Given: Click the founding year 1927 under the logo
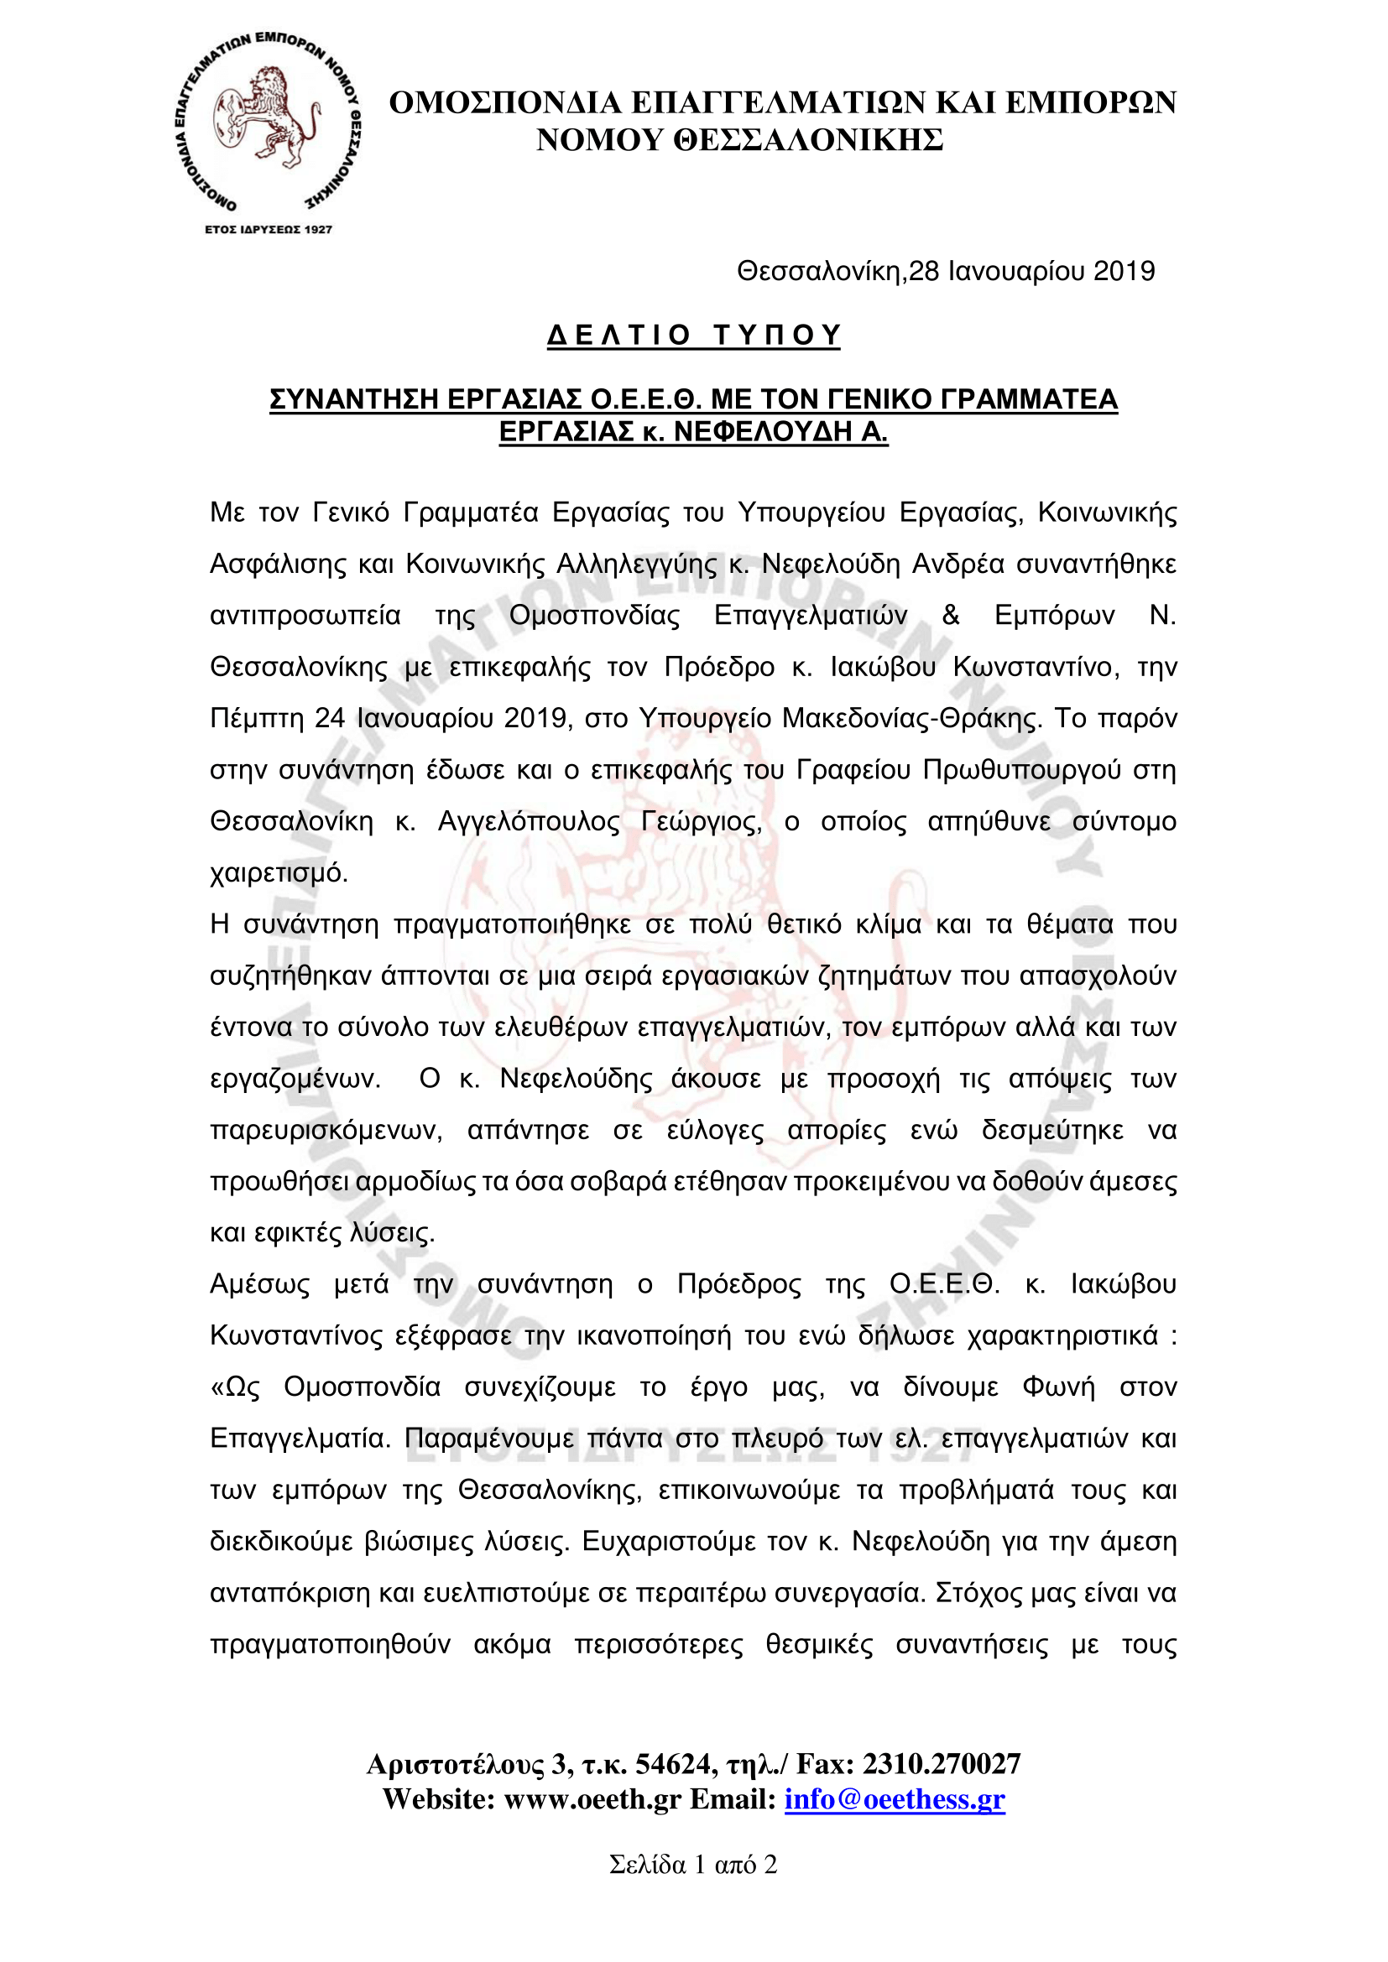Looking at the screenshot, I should point(318,229).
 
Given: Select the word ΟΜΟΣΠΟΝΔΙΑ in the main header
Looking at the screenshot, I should point(504,102).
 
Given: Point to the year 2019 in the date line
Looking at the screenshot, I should point(1124,271).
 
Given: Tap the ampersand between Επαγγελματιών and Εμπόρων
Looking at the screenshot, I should point(951,615).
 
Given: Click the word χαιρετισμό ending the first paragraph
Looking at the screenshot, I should point(279,873).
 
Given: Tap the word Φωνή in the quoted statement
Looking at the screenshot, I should point(1058,1387).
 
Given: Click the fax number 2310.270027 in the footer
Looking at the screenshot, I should point(941,1764).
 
